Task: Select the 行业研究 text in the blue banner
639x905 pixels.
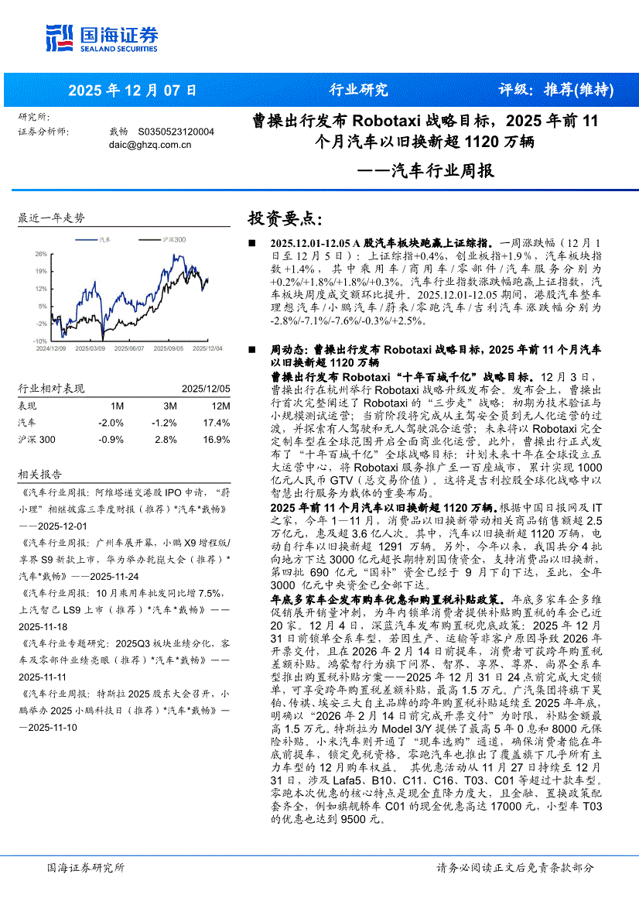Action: tap(359, 90)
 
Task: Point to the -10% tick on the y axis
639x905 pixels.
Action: tap(40, 341)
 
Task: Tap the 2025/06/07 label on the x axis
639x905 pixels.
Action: tap(128, 348)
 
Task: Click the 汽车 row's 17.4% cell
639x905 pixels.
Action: tap(217, 423)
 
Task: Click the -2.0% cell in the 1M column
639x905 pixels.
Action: tap(111, 423)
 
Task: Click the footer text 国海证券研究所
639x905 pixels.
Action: tap(85, 868)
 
